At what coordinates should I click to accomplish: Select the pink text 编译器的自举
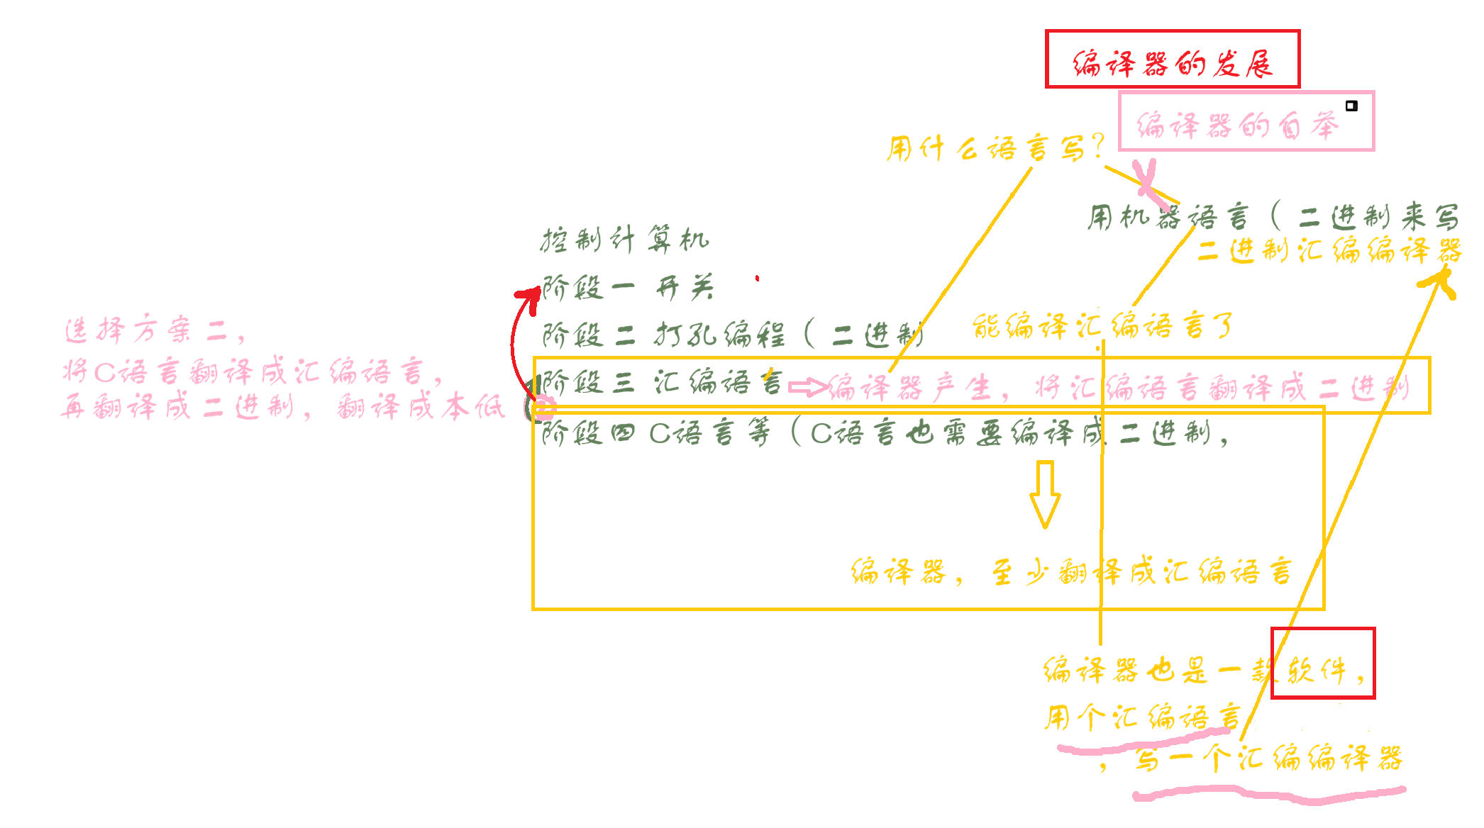pos(1237,126)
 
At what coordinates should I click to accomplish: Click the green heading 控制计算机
pos(624,240)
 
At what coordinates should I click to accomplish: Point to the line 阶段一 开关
pos(628,288)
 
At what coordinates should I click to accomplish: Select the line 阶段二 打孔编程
pos(731,334)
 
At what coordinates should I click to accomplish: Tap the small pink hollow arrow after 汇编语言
pos(807,387)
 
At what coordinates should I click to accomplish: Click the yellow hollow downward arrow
pos(1045,495)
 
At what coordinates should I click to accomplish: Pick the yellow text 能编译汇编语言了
pos(1102,327)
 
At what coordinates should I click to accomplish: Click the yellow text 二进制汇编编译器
pos(1329,251)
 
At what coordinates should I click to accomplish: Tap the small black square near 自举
pos(1351,106)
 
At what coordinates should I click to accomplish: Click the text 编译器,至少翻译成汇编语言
pos(1071,571)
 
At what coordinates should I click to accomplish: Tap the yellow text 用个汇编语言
pos(1142,717)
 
